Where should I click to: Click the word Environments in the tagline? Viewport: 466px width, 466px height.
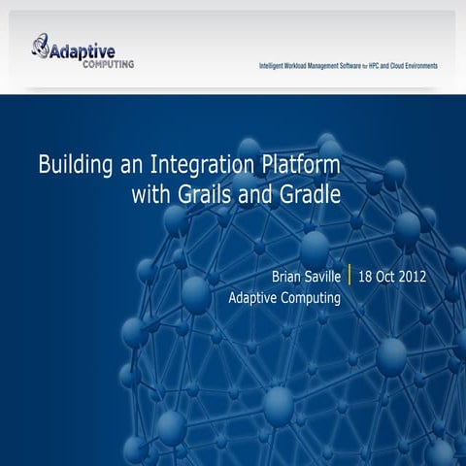(x=420, y=66)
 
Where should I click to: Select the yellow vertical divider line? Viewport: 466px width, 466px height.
(x=349, y=275)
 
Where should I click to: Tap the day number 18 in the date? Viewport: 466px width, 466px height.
(x=367, y=276)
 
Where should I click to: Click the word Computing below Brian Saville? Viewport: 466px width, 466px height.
(x=305, y=299)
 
